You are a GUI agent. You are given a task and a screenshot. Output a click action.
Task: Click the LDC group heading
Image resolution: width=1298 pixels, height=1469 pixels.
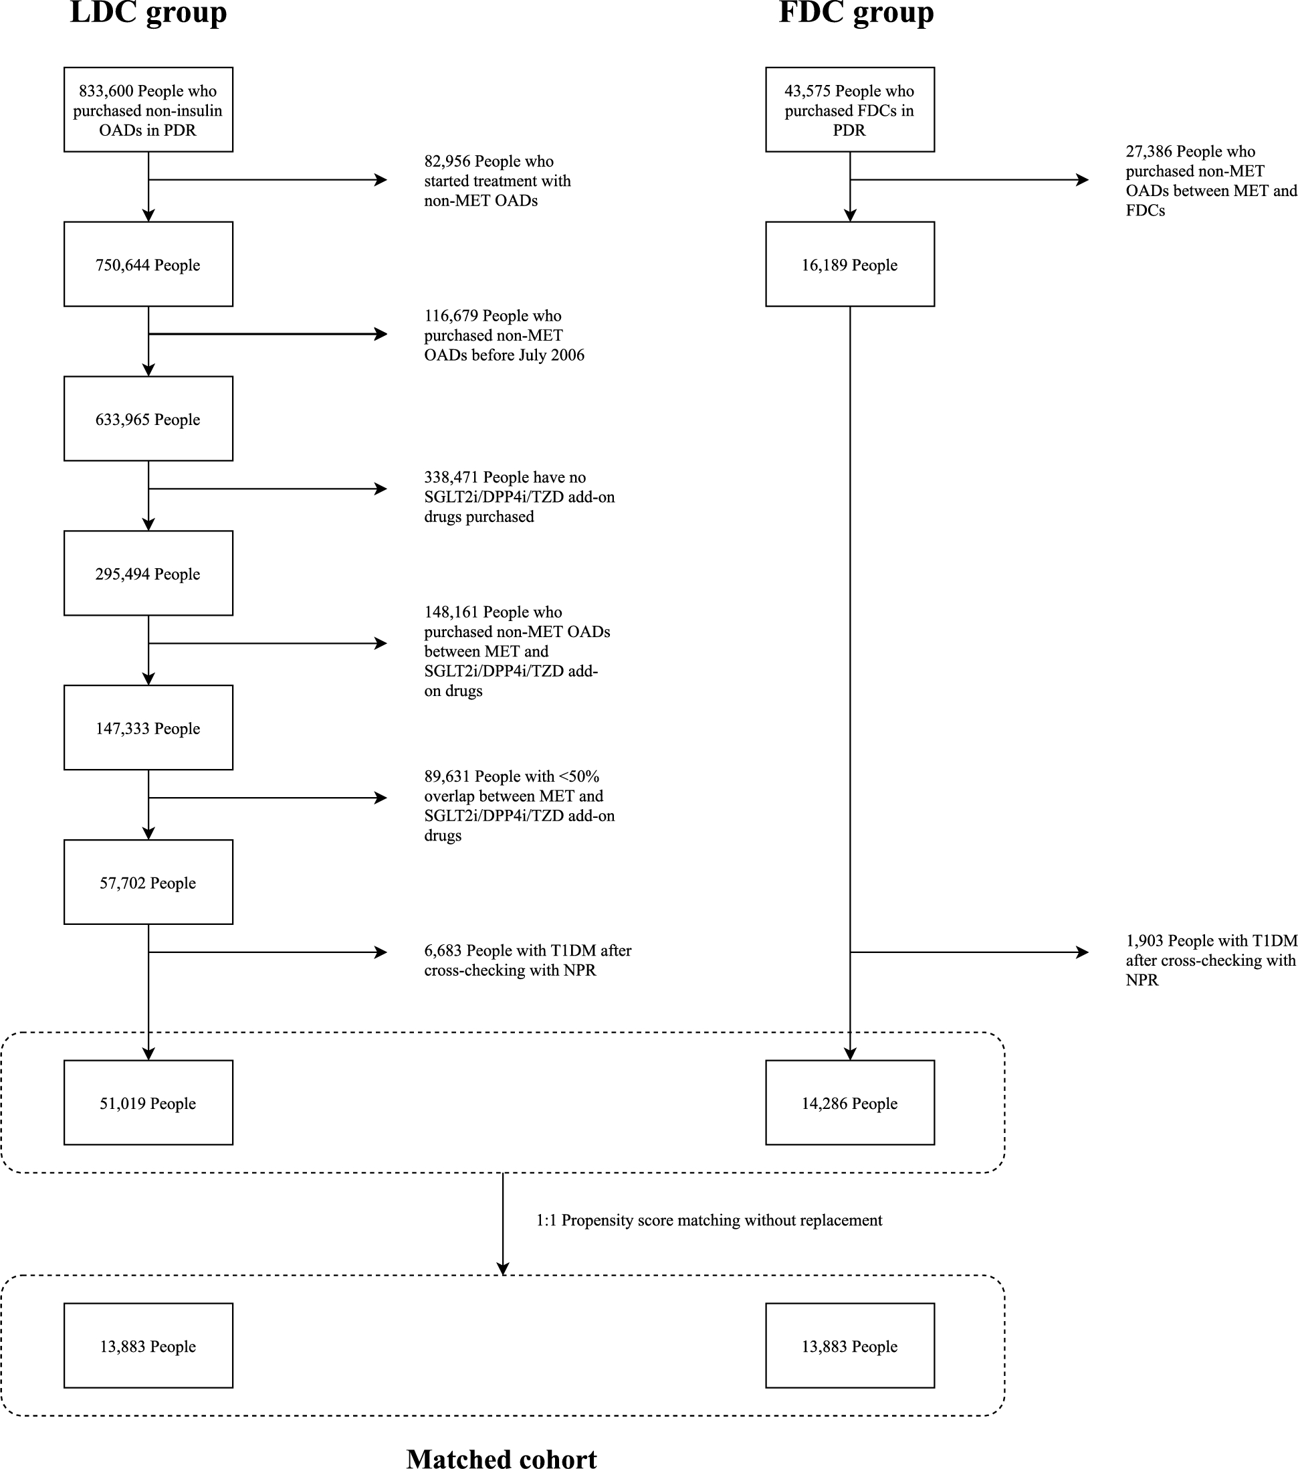point(148,13)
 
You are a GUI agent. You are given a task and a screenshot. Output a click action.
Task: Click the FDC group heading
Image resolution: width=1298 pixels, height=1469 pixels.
point(855,13)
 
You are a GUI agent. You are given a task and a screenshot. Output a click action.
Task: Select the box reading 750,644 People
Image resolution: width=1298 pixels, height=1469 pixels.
point(148,264)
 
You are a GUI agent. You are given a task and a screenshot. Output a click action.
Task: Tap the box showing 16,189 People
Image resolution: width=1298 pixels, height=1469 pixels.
point(849,264)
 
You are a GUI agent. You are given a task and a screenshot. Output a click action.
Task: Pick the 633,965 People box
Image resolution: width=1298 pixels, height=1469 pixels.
point(148,419)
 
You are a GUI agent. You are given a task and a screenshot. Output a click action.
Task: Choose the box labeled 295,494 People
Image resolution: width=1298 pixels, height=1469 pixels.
point(148,574)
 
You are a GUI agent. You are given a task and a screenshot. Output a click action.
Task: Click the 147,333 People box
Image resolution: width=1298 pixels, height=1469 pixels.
point(148,728)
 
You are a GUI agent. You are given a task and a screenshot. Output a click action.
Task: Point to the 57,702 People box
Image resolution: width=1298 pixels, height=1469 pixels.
point(148,883)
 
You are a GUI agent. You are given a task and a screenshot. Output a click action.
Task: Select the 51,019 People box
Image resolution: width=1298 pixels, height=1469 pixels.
point(148,1103)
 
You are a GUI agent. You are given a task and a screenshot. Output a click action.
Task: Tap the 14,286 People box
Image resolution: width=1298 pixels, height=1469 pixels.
point(849,1103)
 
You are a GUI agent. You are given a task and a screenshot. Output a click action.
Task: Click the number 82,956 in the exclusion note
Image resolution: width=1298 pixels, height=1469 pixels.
point(447,162)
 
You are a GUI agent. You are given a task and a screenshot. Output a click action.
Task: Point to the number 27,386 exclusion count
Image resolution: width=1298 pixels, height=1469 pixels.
point(1149,152)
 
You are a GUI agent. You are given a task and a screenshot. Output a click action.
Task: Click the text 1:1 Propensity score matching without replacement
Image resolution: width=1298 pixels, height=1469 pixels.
point(708,1220)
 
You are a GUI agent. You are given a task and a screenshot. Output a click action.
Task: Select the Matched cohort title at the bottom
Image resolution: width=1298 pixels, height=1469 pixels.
point(502,1458)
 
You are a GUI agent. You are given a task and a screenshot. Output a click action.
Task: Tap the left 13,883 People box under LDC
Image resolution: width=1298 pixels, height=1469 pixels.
point(148,1346)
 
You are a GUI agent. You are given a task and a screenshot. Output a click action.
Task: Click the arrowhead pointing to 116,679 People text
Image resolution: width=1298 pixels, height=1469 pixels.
point(381,334)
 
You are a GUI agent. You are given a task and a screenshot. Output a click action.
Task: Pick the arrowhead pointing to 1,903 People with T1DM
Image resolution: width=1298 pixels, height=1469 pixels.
point(1083,952)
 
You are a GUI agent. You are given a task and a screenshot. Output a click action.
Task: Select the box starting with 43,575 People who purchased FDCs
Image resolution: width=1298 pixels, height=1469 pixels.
point(849,110)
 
